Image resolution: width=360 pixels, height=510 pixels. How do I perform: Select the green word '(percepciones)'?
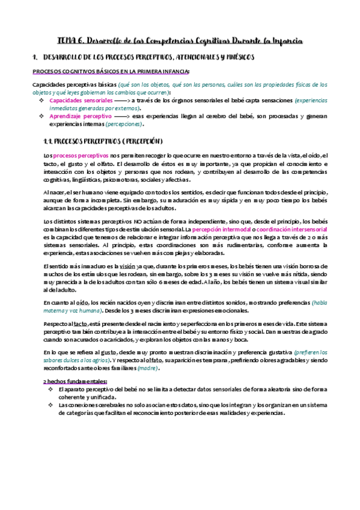(125, 123)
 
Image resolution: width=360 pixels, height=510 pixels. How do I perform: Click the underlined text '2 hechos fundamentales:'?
(76, 381)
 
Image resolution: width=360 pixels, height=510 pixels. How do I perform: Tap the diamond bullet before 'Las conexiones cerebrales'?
(51, 404)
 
